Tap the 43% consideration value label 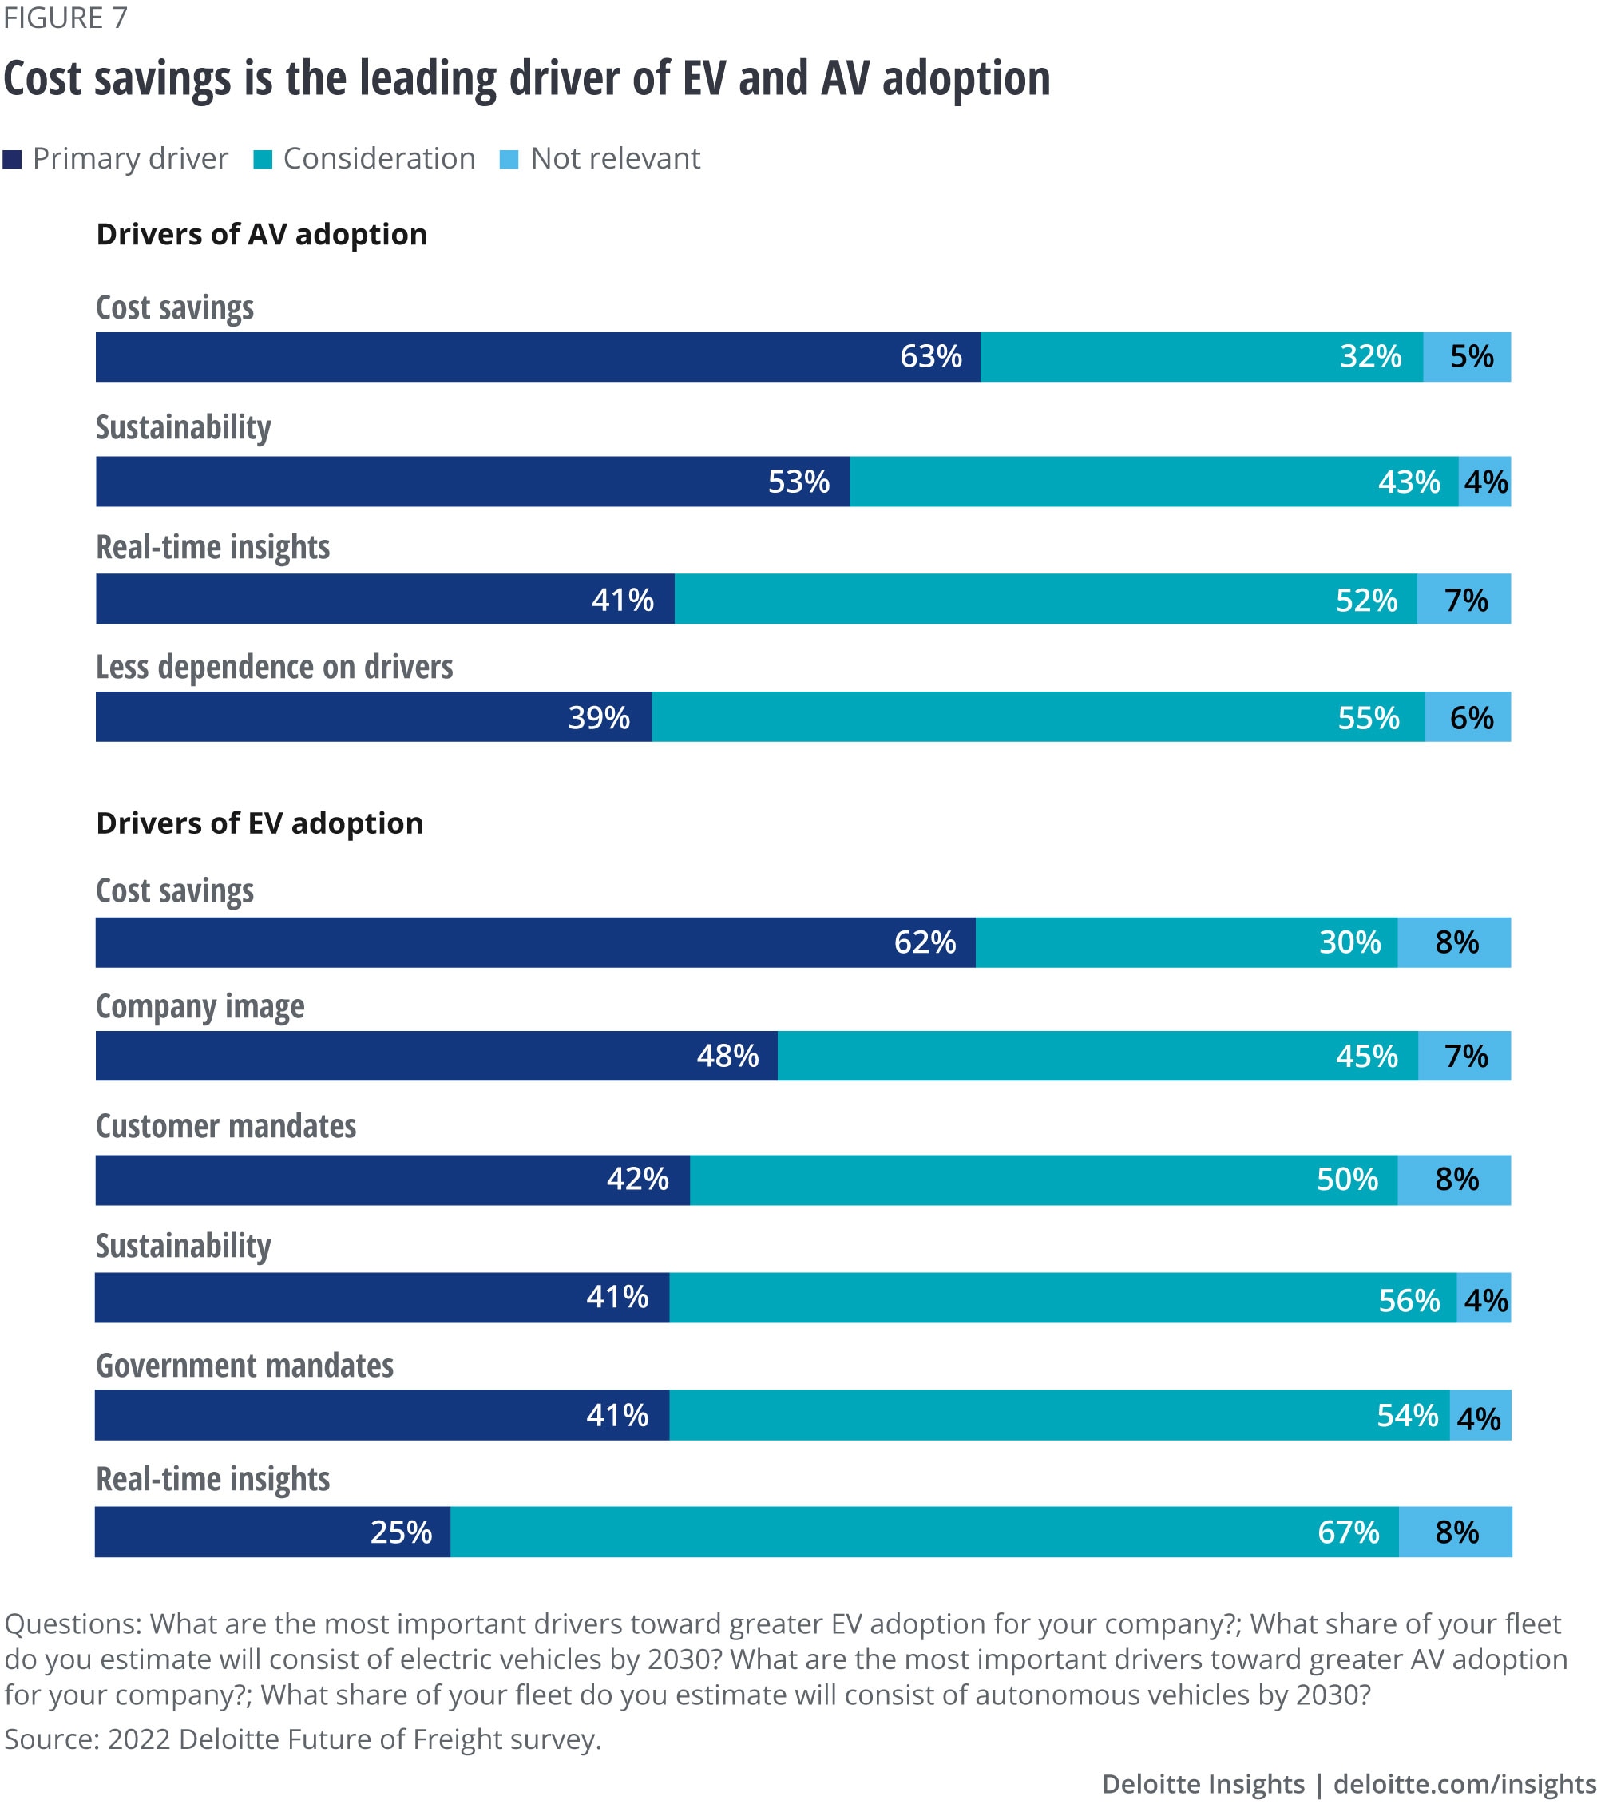1409,482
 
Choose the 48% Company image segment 436,1056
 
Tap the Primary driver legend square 12,160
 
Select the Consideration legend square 263,160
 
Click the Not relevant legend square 509,160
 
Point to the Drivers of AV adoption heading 261,234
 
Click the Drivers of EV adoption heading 260,823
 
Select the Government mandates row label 244,1366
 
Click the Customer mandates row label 226,1126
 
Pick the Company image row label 200,1006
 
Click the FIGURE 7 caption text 65,18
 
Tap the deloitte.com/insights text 1464,1784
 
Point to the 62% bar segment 535,942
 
